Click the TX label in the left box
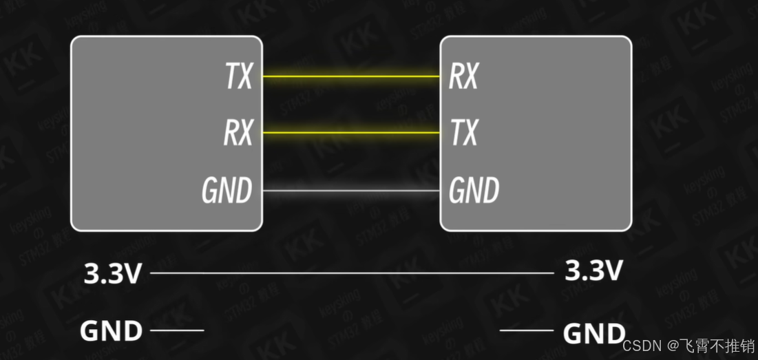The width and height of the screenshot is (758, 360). coord(239,76)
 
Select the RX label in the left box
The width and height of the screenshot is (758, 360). coord(238,133)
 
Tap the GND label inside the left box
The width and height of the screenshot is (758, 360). coord(227,190)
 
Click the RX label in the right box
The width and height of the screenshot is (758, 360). coord(463,76)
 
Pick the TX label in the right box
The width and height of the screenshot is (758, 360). coord(463,133)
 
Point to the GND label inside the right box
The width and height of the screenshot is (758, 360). coord(474,190)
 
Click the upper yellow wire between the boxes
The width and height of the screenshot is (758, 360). coord(351,76)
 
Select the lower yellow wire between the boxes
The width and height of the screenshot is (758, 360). coord(351,132)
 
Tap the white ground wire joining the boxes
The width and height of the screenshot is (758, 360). coord(351,190)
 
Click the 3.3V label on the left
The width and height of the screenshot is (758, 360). coord(112,274)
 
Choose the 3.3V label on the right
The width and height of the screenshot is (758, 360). coord(593,271)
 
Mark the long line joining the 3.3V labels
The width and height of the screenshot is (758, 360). coord(351,273)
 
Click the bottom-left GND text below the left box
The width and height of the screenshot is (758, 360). coord(111,331)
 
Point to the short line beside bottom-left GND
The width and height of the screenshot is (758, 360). coord(177,330)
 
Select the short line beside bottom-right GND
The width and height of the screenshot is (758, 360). coord(527,330)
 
